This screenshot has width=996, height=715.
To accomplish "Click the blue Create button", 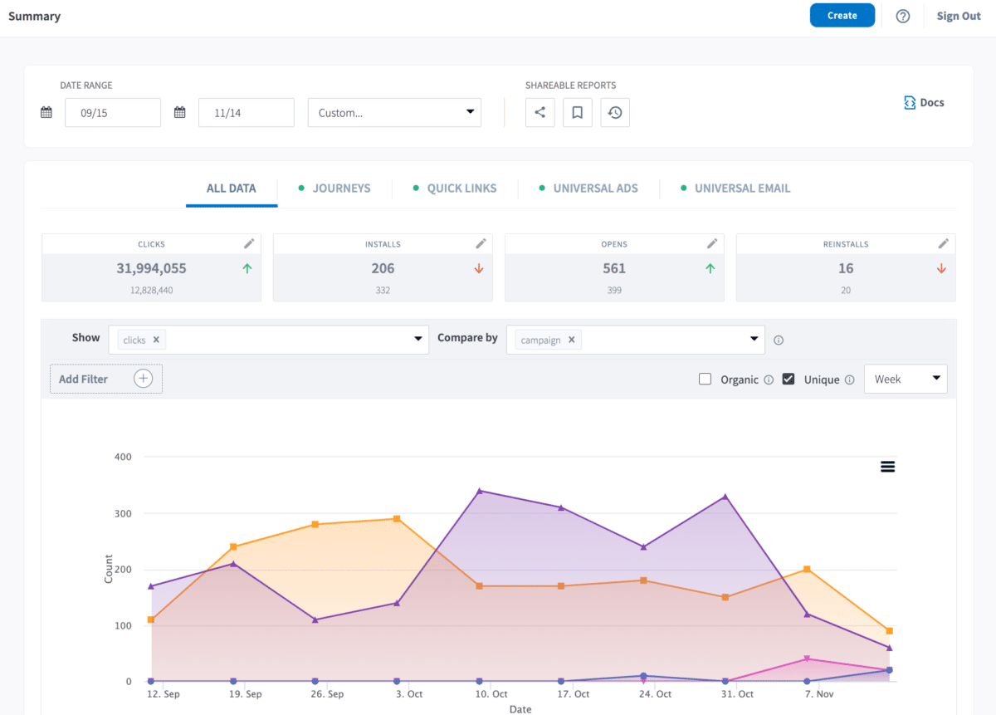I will point(842,16).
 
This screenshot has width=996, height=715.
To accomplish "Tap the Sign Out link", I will point(959,16).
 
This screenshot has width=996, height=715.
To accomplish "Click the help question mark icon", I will point(903,16).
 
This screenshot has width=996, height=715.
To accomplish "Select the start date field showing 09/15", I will point(112,113).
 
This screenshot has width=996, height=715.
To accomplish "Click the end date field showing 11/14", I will point(246,113).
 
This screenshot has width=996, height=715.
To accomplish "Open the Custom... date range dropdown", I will point(394,113).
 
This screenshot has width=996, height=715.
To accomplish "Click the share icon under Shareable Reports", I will point(539,113).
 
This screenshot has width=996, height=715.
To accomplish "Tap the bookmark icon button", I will point(577,113).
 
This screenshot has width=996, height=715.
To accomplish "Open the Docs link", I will point(924,103).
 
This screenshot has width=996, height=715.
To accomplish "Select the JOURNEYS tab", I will point(341,189).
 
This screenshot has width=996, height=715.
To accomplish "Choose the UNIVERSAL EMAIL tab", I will point(742,189).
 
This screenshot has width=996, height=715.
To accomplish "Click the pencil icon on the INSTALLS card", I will point(481,243).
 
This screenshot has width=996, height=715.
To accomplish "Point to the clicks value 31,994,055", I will point(151,268).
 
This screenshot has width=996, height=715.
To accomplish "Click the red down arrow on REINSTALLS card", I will point(941,268).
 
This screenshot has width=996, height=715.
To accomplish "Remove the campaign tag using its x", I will point(571,340).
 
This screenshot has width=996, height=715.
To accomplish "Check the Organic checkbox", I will point(705,380).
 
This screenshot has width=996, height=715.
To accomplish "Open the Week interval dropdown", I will point(906,380).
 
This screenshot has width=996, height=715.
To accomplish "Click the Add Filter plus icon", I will point(144,379).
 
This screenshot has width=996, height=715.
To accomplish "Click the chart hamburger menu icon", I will point(887,467).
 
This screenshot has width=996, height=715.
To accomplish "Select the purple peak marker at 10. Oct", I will point(480,491).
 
